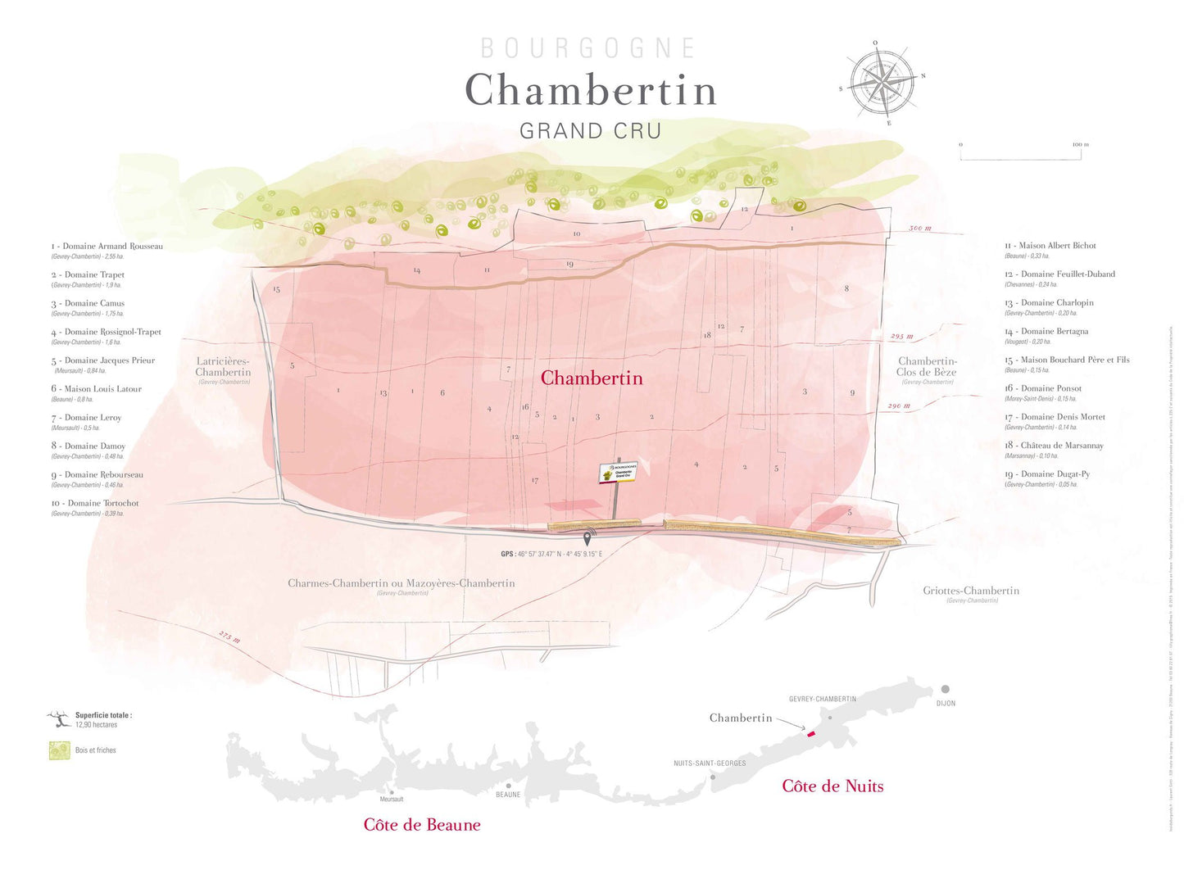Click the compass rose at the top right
point(882,82)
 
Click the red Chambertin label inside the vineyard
point(592,378)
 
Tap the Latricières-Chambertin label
point(223,367)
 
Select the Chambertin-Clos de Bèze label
point(927,367)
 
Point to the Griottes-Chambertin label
point(971,591)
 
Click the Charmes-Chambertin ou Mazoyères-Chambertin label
point(401,583)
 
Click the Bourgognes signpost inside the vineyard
point(619,473)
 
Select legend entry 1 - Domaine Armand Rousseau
point(107,247)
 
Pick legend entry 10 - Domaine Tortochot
point(95,504)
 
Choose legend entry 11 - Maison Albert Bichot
point(1050,246)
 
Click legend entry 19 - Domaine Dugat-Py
point(1047,474)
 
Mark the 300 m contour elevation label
point(920,229)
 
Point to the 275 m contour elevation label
point(229,637)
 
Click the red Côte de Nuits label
point(832,786)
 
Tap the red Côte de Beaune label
point(422,825)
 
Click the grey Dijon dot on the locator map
point(945,690)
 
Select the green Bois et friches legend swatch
point(59,750)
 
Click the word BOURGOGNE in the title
point(588,48)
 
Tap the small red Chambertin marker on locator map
point(811,734)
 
